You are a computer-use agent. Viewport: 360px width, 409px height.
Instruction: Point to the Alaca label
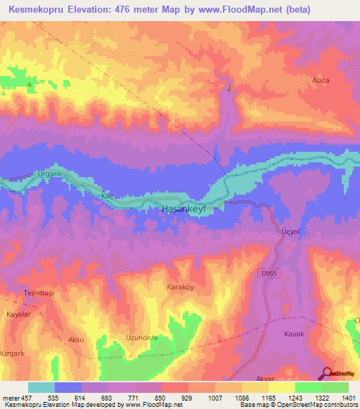point(321,80)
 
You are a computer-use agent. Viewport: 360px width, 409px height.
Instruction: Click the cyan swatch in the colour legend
point(41,387)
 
